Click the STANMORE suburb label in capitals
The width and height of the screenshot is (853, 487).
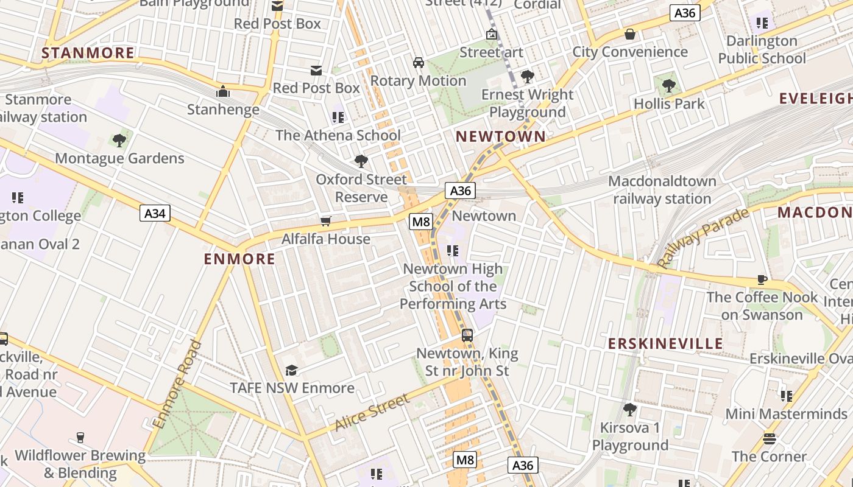point(88,53)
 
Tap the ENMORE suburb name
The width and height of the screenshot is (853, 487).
point(239,259)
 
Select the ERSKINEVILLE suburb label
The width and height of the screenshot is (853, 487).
point(665,343)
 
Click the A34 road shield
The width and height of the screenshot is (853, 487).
point(155,213)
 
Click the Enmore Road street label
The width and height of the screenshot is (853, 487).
point(177,384)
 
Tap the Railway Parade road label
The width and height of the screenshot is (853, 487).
point(703,237)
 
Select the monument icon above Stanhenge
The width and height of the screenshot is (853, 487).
point(223,92)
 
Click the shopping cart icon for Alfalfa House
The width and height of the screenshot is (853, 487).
point(326,221)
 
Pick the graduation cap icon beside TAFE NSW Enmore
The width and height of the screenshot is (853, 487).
point(291,370)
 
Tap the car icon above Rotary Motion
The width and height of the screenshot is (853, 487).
point(419,62)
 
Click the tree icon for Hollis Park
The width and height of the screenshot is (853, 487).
point(669,85)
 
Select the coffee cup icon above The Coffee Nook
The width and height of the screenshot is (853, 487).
point(762,279)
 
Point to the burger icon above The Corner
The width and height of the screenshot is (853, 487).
point(769,438)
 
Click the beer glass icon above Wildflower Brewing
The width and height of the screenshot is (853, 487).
point(80,437)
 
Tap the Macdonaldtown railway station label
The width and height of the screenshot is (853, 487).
point(662,190)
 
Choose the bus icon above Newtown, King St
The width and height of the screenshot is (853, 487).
point(467,335)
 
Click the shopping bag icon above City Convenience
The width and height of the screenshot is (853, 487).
point(630,34)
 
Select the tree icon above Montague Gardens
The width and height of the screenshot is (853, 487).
point(119,141)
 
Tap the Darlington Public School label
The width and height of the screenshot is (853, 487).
point(762,50)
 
